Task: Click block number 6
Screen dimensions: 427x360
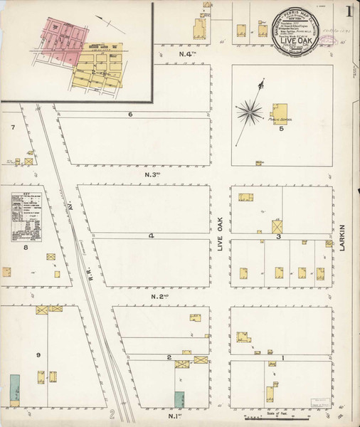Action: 131,115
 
